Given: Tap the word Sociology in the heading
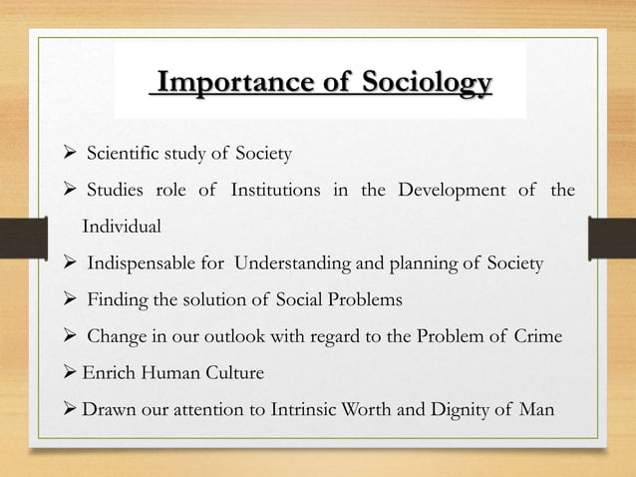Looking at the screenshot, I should pyautogui.click(x=420, y=82).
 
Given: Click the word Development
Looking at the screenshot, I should pyautogui.click(x=453, y=190).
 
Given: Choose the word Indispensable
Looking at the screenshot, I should pyautogui.click(x=140, y=264).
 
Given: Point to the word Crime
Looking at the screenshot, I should pyautogui.click(x=538, y=337).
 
